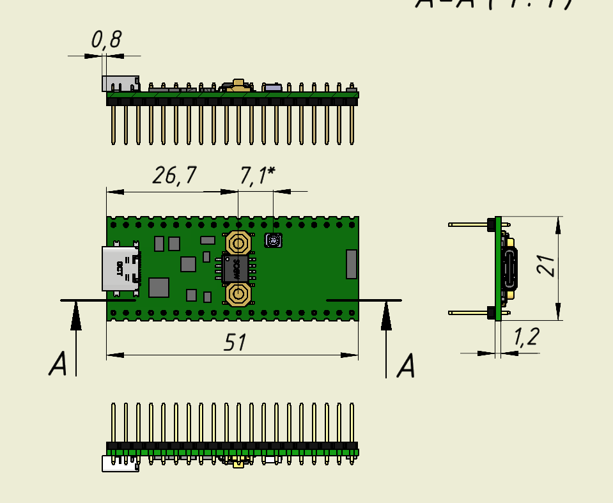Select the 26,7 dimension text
point(174,175)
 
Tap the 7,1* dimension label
point(257,176)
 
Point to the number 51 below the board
point(236,343)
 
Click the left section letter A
point(58,365)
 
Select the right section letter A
point(406,367)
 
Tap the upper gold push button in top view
point(238,243)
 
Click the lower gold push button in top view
point(238,295)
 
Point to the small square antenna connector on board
point(273,240)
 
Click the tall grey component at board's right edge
point(351,264)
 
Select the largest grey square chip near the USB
point(159,288)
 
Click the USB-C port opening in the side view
point(511,268)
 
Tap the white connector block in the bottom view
point(120,463)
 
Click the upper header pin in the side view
point(470,225)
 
